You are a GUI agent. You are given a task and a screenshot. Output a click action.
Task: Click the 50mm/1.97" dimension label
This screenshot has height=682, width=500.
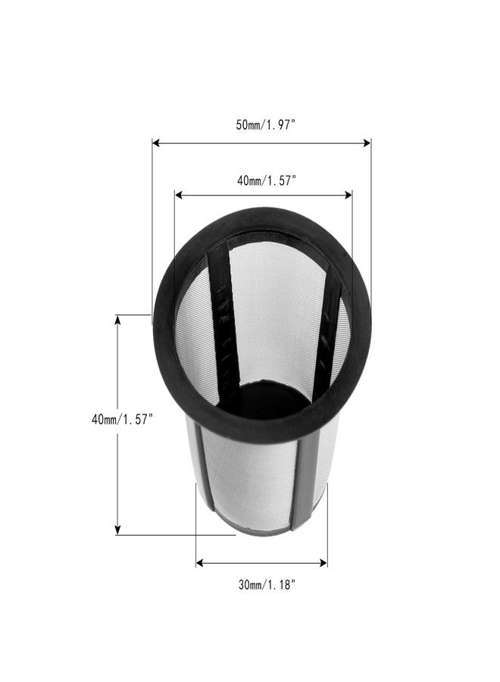click(266, 125)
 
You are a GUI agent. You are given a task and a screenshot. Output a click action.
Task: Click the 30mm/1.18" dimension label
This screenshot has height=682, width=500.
click(267, 584)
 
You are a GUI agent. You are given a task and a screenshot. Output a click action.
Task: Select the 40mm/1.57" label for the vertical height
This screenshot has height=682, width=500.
click(122, 420)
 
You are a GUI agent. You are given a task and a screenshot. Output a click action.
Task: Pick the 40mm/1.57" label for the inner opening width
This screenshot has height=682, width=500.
click(267, 180)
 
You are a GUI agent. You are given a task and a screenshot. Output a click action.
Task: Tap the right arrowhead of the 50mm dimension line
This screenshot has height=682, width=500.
click(367, 142)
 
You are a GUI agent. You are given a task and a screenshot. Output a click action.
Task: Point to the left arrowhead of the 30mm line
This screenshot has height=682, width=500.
click(200, 563)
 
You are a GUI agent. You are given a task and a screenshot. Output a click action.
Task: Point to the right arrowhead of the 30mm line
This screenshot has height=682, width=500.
click(323, 563)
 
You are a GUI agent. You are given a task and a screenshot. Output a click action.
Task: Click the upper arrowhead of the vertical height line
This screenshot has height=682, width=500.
click(117, 320)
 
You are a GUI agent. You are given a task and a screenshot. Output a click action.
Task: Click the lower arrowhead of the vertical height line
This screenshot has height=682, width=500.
click(117, 530)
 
